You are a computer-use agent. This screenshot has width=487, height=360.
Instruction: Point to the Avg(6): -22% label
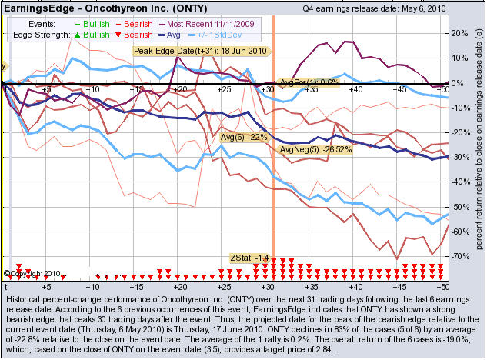point(243,137)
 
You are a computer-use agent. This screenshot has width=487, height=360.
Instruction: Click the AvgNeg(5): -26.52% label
point(315,149)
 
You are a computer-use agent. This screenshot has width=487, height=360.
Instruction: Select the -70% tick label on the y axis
point(460,256)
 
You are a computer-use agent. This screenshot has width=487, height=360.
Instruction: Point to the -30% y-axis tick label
point(460,158)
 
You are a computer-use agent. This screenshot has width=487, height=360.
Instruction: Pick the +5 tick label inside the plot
point(47,90)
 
